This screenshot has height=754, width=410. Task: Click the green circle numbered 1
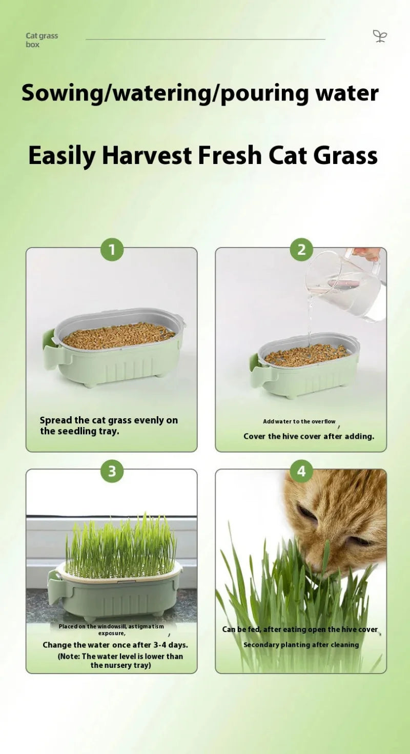point(112,250)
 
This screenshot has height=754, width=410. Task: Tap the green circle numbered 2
point(301,250)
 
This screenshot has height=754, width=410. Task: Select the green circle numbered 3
point(112,471)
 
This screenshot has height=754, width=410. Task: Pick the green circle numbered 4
point(301,471)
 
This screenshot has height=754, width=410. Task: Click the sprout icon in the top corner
point(380,36)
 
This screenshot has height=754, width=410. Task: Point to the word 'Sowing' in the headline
point(62,94)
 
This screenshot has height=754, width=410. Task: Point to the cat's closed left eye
point(307,512)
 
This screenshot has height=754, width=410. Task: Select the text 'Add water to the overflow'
point(299,421)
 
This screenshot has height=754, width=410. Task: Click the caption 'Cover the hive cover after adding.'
point(309,437)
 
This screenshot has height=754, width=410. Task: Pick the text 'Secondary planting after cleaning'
point(301,645)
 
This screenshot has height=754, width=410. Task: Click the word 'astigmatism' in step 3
point(146,626)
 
